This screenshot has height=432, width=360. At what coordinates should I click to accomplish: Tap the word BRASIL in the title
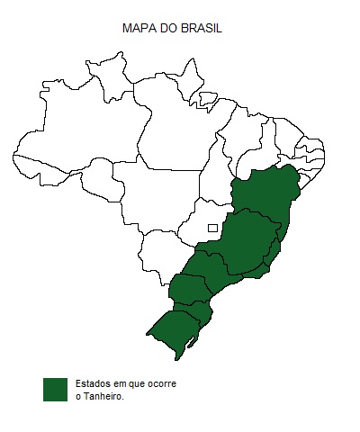(x=202, y=29)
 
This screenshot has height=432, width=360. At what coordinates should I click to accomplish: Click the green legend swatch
(x=56, y=389)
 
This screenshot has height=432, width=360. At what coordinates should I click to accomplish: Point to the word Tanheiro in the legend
(x=103, y=396)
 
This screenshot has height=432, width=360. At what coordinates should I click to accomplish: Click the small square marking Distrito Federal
(x=212, y=228)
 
